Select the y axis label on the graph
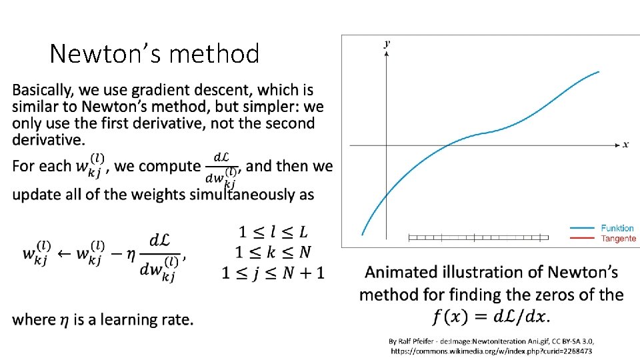click(387, 43)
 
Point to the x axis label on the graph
click(625, 145)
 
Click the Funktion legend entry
click(617, 228)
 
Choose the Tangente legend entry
click(619, 238)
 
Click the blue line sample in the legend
click(582, 228)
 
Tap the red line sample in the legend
click(582, 238)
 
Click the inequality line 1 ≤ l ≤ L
click(273, 232)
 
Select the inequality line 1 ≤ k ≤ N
click(273, 252)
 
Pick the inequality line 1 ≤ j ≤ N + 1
click(273, 273)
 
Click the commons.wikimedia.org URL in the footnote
click(491, 351)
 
